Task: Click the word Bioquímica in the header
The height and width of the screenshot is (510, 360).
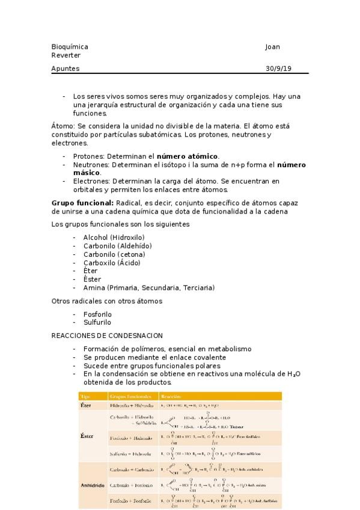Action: coord(70,47)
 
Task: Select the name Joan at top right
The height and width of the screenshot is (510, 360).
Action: coord(272,47)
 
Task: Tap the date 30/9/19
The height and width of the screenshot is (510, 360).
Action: coord(278,69)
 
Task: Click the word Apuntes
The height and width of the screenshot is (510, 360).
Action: coord(66,69)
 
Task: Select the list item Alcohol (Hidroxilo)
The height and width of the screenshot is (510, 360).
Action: coord(117,237)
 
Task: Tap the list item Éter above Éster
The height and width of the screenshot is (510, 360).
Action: coord(90,271)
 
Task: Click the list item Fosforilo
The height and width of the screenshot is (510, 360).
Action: coord(97,314)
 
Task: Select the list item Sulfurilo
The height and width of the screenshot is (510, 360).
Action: coord(97,322)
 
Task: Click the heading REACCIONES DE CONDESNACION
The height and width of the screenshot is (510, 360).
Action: coord(107,336)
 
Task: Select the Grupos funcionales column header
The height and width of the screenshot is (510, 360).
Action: coord(130,396)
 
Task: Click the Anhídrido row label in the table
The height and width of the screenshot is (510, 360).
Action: coord(93,485)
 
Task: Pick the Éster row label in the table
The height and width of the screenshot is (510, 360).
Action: coord(87,435)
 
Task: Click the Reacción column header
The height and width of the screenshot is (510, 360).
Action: coord(171,396)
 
